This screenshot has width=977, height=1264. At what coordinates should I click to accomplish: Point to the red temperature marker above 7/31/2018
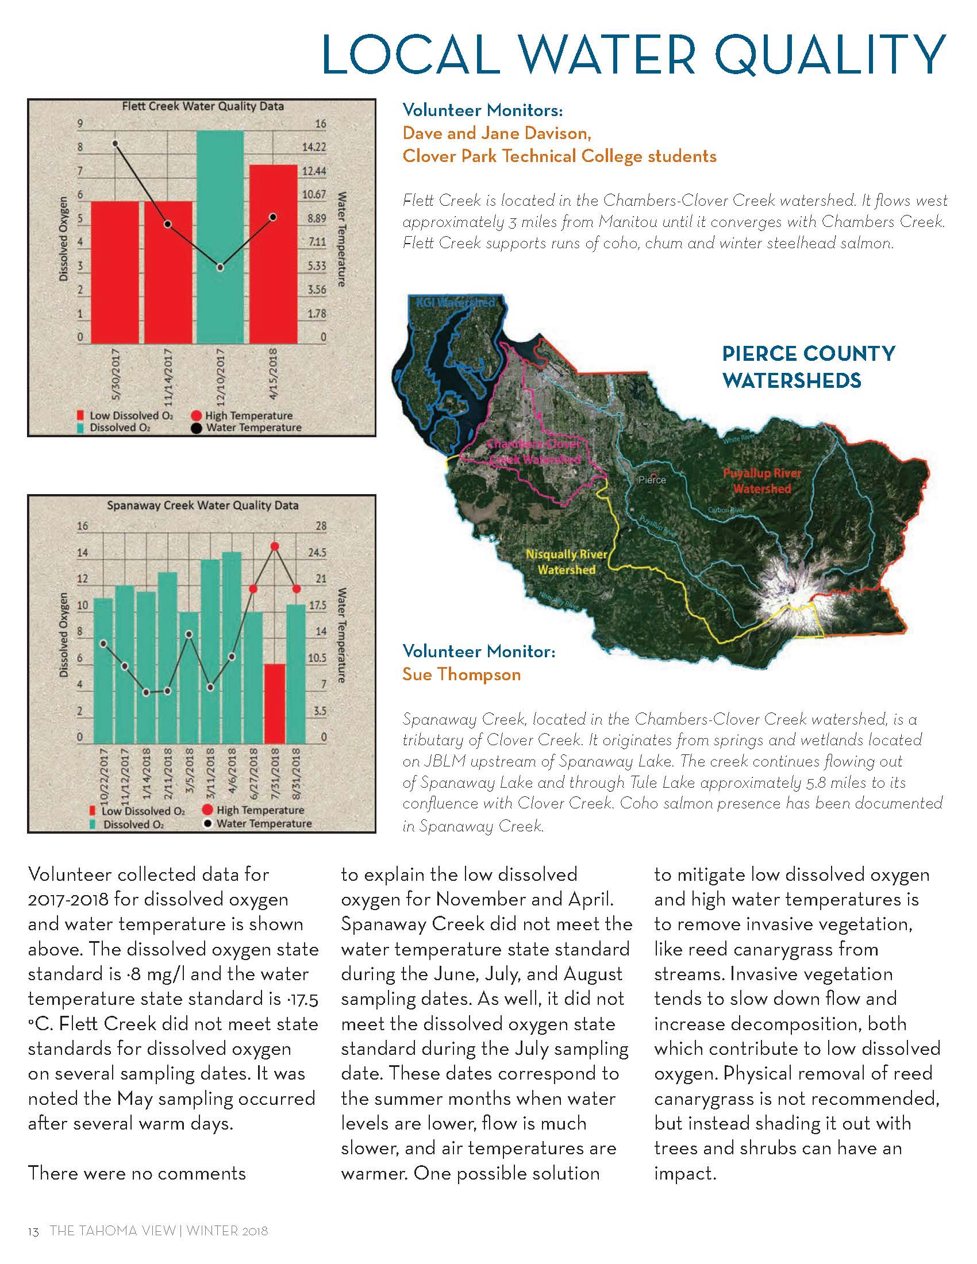pyautogui.click(x=275, y=546)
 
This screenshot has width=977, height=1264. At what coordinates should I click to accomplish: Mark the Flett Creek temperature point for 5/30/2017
pyautogui.click(x=115, y=143)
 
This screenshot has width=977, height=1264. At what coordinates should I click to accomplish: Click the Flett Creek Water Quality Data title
pyautogui.click(x=202, y=106)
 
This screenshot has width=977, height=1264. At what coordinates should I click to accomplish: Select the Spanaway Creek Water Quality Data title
pyautogui.click(x=202, y=505)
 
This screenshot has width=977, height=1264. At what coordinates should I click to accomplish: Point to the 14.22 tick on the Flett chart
pyautogui.click(x=314, y=148)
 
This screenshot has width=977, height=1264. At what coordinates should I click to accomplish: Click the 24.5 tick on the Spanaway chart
pyautogui.click(x=317, y=553)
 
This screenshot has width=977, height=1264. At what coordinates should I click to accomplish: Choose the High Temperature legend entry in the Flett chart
pyautogui.click(x=241, y=415)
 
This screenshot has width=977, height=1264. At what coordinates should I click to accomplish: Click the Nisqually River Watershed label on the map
pyautogui.click(x=566, y=562)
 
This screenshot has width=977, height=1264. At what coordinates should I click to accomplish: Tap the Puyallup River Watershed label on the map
pyautogui.click(x=761, y=481)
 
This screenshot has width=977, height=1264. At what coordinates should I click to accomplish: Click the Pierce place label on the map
pyautogui.click(x=652, y=480)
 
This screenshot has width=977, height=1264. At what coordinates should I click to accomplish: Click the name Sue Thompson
pyautogui.click(x=461, y=675)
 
